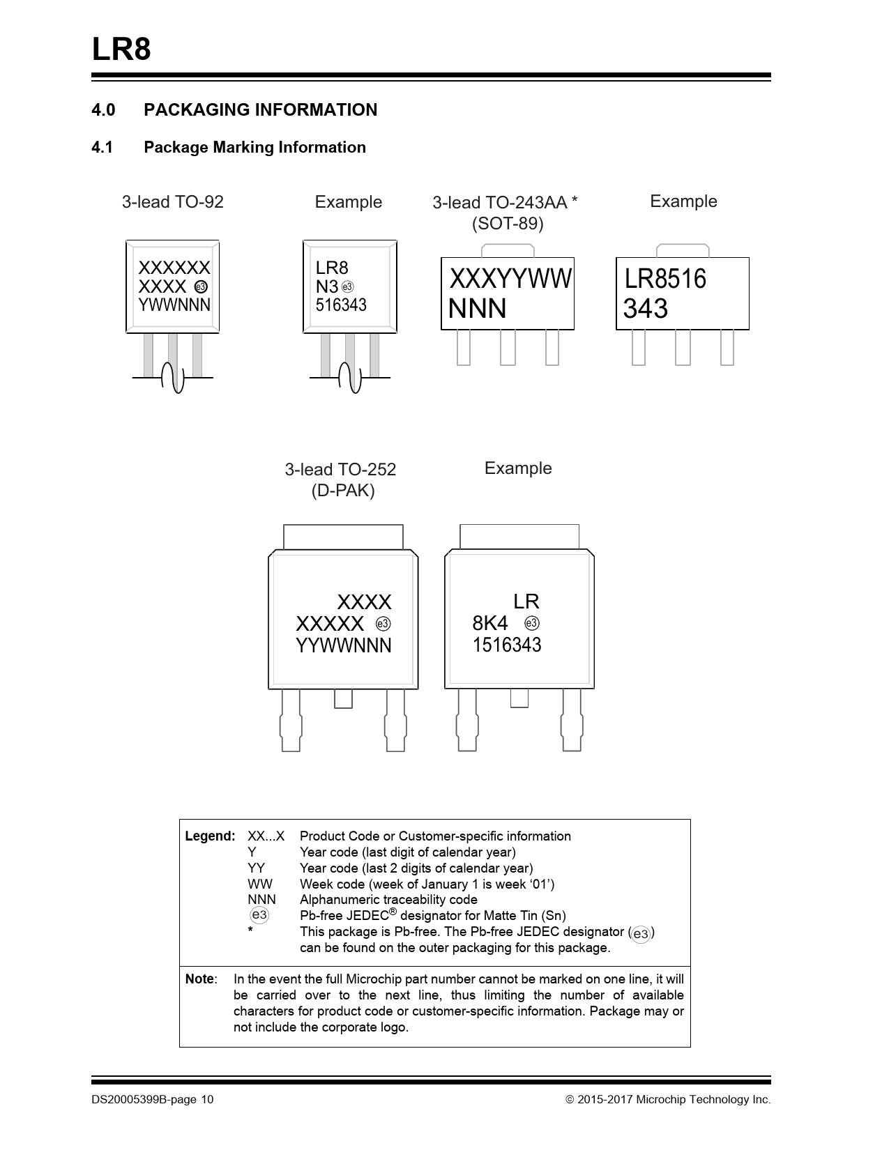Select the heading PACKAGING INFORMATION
(x=260, y=110)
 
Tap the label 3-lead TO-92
(x=172, y=202)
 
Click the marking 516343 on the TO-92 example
(x=341, y=305)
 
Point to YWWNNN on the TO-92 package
(x=174, y=305)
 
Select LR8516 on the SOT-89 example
(x=665, y=279)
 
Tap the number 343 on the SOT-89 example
(x=646, y=309)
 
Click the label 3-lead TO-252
(x=340, y=469)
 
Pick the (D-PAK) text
(x=343, y=491)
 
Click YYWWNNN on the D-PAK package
(x=344, y=645)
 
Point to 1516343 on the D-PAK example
(x=507, y=645)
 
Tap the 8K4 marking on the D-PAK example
(x=490, y=623)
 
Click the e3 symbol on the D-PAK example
(x=532, y=623)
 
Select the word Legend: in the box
(x=210, y=836)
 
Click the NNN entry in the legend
(x=261, y=900)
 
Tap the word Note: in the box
(x=201, y=979)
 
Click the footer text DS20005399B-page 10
(x=153, y=1100)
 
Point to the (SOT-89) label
(x=508, y=224)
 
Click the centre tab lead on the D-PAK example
(x=519, y=698)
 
